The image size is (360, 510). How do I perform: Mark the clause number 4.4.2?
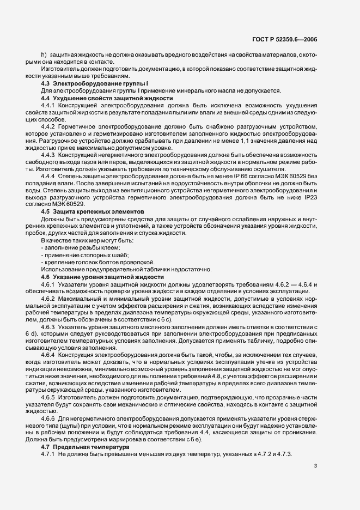(x=50, y=126)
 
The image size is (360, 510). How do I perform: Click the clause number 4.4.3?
(x=50, y=154)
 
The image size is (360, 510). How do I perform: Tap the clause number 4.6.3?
(x=50, y=326)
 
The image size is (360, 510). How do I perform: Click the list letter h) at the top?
(x=44, y=56)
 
